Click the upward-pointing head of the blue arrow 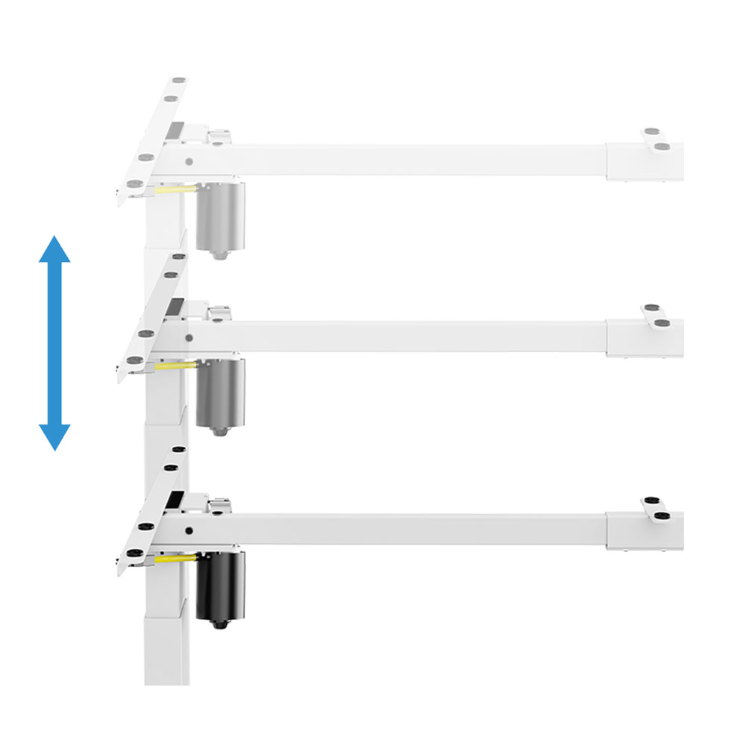pyautogui.click(x=54, y=250)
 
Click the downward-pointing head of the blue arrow pyautogui.click(x=54, y=436)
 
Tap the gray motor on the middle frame pyautogui.click(x=220, y=392)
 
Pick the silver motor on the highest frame pyautogui.click(x=220, y=216)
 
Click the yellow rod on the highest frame pyautogui.click(x=175, y=190)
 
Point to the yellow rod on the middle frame pyautogui.click(x=175, y=366)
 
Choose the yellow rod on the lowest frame pyautogui.click(x=175, y=557)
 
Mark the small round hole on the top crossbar pyautogui.click(x=189, y=160)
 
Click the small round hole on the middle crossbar pyautogui.click(x=189, y=336)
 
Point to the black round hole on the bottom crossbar pyautogui.click(x=189, y=530)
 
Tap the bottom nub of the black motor pyautogui.click(x=218, y=622)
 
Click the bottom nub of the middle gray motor pyautogui.click(x=218, y=430)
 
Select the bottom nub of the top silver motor pyautogui.click(x=218, y=254)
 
